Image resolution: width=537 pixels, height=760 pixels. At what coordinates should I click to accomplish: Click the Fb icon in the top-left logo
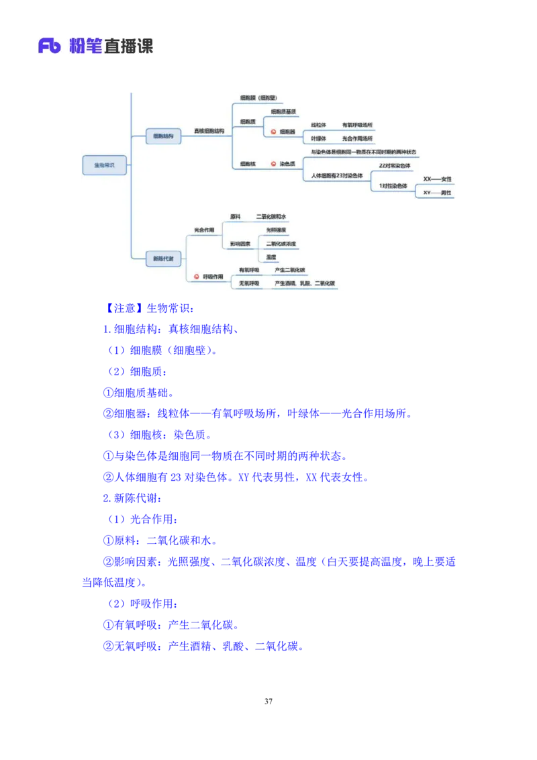pyautogui.click(x=50, y=46)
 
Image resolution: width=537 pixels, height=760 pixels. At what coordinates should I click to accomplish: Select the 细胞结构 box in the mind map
pyautogui.click(x=163, y=136)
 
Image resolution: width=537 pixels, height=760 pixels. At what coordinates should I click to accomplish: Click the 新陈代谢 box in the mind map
pyautogui.click(x=163, y=258)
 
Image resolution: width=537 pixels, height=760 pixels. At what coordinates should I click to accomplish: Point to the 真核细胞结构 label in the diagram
pyautogui.click(x=209, y=131)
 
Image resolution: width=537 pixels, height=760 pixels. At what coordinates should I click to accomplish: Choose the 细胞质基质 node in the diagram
pyautogui.click(x=283, y=111)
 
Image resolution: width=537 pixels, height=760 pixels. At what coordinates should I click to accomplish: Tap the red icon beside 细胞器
pyautogui.click(x=273, y=132)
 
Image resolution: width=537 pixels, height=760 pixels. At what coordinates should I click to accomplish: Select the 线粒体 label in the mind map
pyautogui.click(x=318, y=125)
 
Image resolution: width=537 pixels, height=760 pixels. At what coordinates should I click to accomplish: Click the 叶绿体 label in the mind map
pyautogui.click(x=318, y=138)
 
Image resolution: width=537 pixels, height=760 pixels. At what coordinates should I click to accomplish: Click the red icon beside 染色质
pyautogui.click(x=273, y=163)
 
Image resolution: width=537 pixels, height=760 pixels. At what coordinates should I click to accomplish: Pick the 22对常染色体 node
pyautogui.click(x=395, y=165)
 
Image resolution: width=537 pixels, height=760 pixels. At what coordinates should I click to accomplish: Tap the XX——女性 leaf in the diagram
pyautogui.click(x=437, y=179)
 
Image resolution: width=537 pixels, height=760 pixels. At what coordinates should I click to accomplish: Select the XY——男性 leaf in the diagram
pyautogui.click(x=437, y=193)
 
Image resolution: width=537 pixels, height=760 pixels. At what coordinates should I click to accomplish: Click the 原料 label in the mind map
pyautogui.click(x=235, y=217)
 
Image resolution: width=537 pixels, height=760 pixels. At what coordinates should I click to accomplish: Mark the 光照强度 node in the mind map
pyautogui.click(x=275, y=230)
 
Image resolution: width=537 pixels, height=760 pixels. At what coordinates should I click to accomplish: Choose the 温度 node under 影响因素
pyautogui.click(x=271, y=257)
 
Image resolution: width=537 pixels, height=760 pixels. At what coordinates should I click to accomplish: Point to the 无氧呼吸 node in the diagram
pyautogui.click(x=249, y=283)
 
